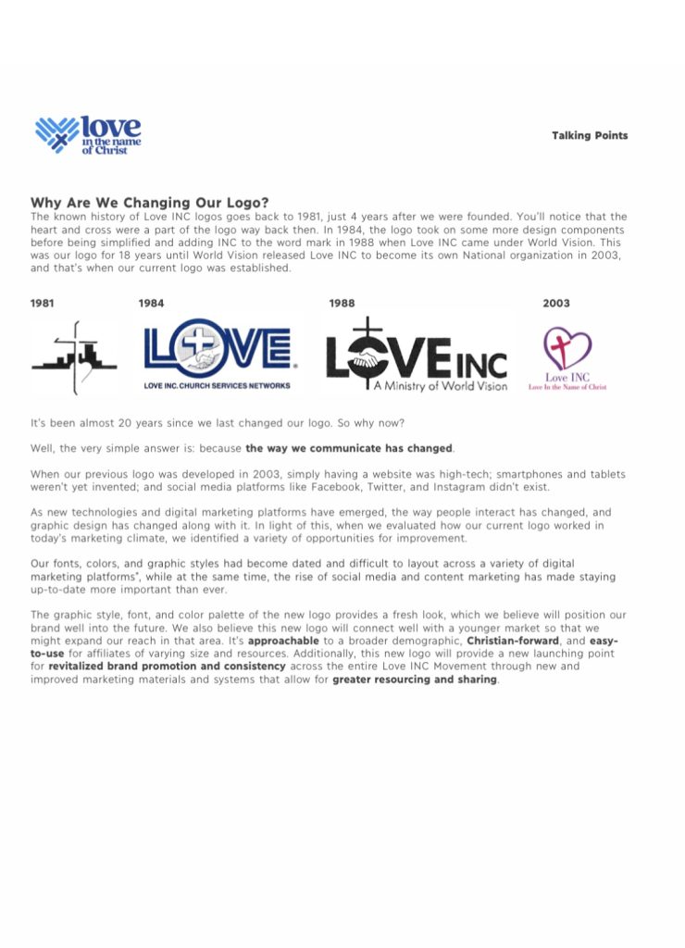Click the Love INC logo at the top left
(x=88, y=134)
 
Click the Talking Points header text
(x=590, y=135)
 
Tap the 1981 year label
(x=43, y=303)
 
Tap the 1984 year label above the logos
(x=151, y=303)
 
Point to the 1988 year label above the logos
(x=342, y=303)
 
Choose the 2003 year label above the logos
(x=556, y=303)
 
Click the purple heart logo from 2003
(x=567, y=349)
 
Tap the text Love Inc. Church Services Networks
(x=218, y=385)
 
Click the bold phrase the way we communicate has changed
(x=349, y=448)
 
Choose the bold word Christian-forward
(x=514, y=641)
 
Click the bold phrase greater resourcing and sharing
(x=415, y=680)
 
